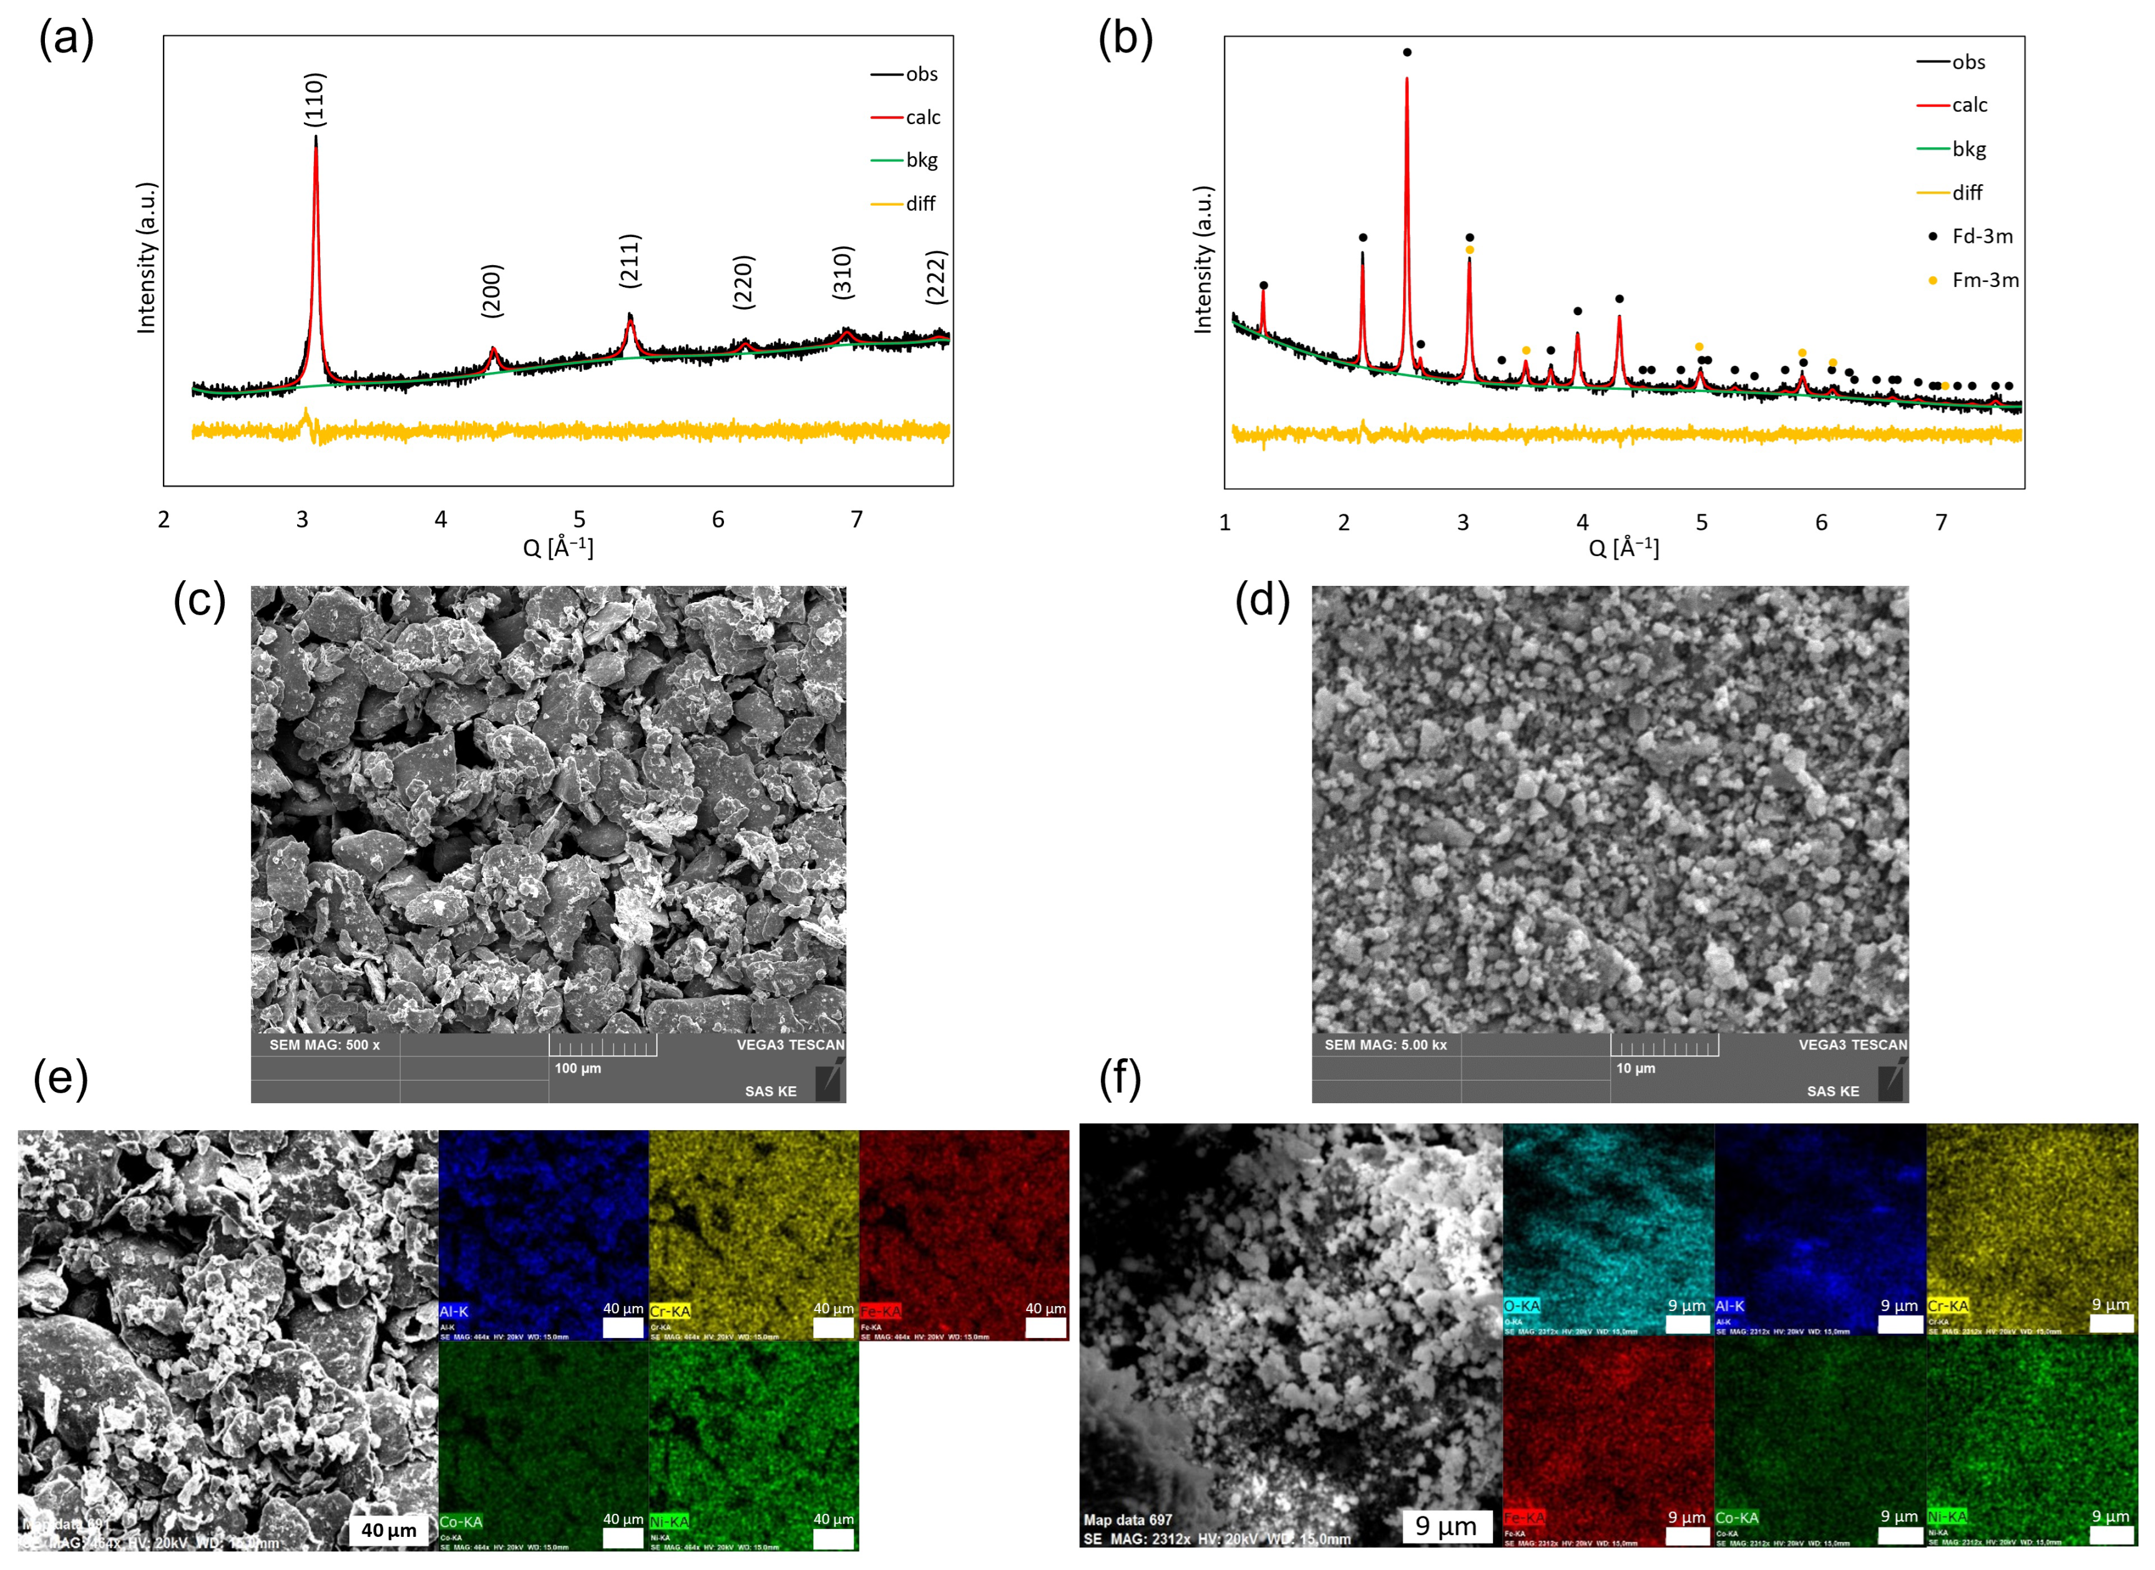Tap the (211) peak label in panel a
coord(629,260)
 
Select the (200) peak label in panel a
coord(491,290)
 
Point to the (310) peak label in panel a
coord(843,273)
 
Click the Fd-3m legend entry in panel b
coord(1980,236)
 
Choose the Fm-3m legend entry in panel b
coord(1984,280)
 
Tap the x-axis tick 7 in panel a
coord(856,519)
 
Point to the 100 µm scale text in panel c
coord(577,1068)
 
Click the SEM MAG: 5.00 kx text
coord(1385,1045)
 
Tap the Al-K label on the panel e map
coord(454,1310)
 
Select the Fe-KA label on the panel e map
coord(880,1310)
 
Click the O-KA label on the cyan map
coord(1521,1306)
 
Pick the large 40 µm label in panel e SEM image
coord(389,1529)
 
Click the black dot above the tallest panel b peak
coord(1407,52)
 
